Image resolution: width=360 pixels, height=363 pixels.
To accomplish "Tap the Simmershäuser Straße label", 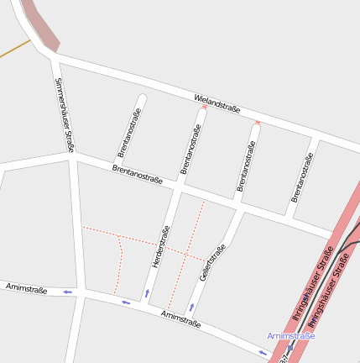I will coord(64,114).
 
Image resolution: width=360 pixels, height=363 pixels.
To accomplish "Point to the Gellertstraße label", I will coord(213,262).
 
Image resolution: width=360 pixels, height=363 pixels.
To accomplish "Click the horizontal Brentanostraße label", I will coord(137,173).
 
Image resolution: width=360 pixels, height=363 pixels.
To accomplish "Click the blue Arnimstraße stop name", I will coord(291,336).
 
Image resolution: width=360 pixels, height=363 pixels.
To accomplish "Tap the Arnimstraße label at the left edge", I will coord(26,289).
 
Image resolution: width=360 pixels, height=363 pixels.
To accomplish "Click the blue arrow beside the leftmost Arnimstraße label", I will coord(67,292).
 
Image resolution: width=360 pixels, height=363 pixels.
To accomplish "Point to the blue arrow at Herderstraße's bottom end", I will coord(147,293).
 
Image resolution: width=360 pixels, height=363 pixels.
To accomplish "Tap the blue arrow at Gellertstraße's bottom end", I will coord(191,307).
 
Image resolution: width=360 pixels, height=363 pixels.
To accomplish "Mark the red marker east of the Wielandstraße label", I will coord(258,123).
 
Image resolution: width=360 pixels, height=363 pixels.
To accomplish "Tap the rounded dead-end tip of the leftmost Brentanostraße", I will coord(141,98).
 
